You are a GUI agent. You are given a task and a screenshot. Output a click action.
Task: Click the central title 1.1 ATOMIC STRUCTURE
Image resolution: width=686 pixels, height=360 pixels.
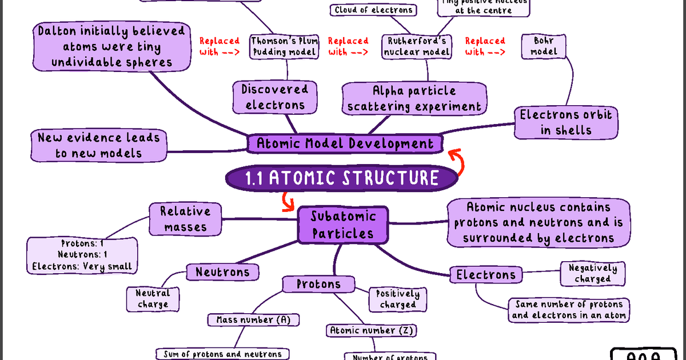[x=342, y=178]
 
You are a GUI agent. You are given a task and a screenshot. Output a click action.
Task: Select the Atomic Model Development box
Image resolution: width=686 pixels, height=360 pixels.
[x=345, y=143]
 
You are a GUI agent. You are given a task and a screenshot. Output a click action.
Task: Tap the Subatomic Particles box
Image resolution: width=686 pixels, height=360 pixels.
[x=343, y=225]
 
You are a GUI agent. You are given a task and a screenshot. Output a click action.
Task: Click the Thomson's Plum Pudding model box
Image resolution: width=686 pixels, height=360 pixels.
[x=284, y=46]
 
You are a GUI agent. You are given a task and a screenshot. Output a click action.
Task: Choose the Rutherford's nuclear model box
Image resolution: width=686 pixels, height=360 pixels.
[x=417, y=46]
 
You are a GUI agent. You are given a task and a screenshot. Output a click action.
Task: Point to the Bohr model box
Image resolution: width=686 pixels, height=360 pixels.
[x=543, y=46]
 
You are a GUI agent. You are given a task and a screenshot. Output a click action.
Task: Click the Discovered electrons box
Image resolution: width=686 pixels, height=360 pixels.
[x=274, y=97]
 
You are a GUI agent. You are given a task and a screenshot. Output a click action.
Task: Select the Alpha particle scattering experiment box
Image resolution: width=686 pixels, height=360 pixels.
[x=414, y=98]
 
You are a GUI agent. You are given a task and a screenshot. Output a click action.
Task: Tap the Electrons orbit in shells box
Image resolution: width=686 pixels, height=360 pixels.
[x=565, y=122]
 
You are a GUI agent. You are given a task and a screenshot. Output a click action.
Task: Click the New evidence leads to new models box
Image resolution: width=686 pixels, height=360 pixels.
[x=98, y=145]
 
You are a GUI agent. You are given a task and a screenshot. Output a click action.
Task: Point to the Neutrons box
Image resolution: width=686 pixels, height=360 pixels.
[x=222, y=272]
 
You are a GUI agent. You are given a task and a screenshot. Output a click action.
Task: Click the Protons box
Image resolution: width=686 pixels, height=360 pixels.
[x=318, y=284]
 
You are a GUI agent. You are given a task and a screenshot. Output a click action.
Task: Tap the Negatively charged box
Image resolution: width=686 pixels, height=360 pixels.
[x=592, y=273]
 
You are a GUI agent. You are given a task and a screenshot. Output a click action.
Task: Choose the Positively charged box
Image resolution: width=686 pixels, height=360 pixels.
[x=398, y=299]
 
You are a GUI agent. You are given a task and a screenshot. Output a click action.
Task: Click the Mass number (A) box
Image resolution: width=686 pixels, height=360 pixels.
[x=253, y=320]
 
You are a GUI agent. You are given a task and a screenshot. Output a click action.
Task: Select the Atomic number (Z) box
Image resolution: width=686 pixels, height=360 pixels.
[x=372, y=330]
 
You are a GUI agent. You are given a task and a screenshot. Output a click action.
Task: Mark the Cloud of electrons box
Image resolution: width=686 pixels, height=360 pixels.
[x=373, y=10]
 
